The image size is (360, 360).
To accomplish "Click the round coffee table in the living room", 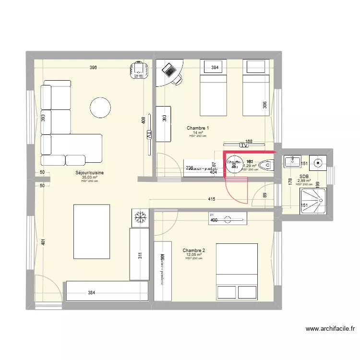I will [101, 108].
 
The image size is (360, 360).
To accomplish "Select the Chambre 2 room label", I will [194, 251].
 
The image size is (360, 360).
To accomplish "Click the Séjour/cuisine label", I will [90, 173].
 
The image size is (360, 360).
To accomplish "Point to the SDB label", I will [304, 177].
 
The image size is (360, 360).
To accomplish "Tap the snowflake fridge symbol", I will [141, 217].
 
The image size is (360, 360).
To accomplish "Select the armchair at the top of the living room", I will [139, 70].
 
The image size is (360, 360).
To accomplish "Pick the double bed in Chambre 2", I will [237, 272].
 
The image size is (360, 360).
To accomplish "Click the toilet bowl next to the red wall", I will [264, 166].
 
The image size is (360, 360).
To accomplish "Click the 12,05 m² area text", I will [194, 255].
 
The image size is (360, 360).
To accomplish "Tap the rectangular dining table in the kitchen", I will [91, 227].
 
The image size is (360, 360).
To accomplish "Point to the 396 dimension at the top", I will [93, 68].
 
